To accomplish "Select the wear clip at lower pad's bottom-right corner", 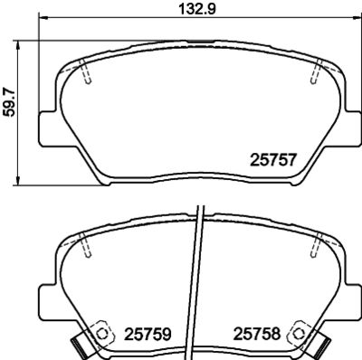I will pyautogui.click(x=323, y=346).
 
